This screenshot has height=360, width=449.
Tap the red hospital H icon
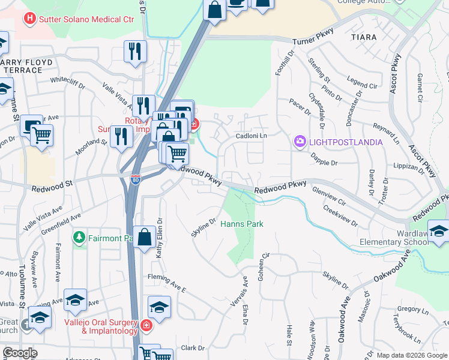click(29, 19)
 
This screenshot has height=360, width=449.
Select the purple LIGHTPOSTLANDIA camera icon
click(299, 142)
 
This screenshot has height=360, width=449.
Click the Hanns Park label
click(242, 224)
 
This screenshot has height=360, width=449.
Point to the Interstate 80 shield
click(136, 179)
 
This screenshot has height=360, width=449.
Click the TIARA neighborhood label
click(364, 37)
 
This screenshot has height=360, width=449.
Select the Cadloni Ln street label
click(251, 136)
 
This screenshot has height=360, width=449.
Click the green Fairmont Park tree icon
click(79, 238)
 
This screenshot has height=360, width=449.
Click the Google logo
click(20, 353)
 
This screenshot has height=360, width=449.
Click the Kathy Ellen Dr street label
click(160, 238)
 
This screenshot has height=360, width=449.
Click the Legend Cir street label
click(361, 82)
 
